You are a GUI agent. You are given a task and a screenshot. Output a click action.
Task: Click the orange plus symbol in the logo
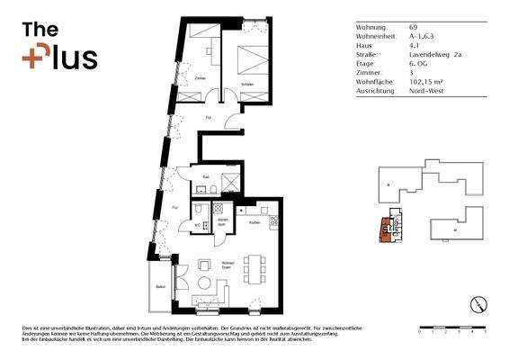point(35,57)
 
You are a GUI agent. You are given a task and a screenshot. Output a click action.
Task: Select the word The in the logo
point(40,30)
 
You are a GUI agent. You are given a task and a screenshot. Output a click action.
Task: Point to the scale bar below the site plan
point(452,325)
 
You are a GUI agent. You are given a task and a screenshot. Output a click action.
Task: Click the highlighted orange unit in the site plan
point(388,230)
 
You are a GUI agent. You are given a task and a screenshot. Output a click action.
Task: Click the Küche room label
point(254,221)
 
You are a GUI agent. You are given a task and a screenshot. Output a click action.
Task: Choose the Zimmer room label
point(200,79)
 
